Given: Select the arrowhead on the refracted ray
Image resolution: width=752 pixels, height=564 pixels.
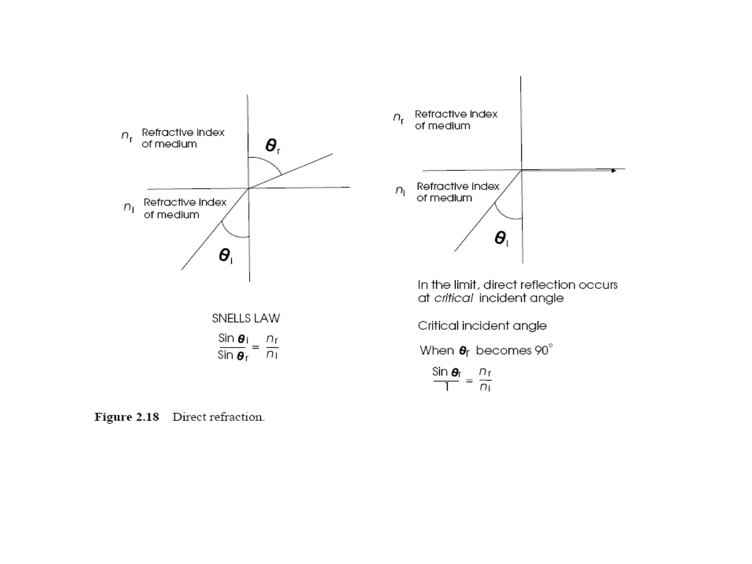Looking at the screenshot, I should coord(614,171).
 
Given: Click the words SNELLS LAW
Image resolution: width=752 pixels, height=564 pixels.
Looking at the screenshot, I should coord(246,318).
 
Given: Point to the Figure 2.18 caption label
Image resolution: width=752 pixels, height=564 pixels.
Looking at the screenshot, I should coord(127,417).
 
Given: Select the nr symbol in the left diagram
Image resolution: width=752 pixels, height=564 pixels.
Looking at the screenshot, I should coord(127,137).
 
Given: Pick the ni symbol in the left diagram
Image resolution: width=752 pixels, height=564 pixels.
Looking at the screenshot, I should coord(129,207).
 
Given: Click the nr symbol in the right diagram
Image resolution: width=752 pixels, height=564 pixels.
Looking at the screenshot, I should coord(398,118).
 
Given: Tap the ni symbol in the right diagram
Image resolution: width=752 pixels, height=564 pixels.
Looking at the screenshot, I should coord(400,190).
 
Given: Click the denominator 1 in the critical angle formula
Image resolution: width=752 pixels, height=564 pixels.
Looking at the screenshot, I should coord(446,387).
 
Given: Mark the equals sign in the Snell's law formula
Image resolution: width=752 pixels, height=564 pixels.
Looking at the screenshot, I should coord(256,347).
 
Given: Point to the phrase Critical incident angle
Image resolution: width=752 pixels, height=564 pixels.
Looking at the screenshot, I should coord(482,326).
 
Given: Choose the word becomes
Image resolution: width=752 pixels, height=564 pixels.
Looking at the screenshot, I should coord(503,350).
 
